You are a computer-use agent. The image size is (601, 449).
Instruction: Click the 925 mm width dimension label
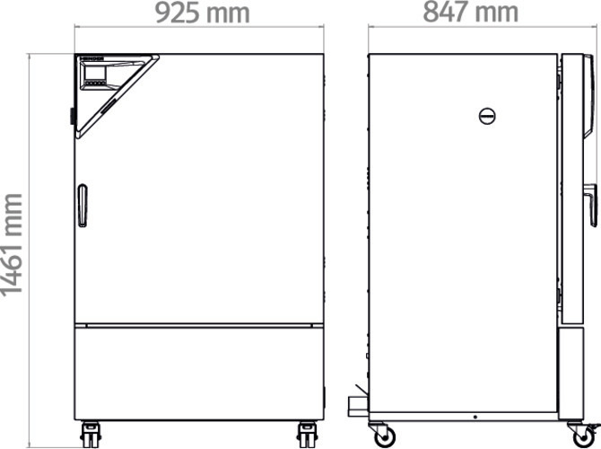click(x=202, y=14)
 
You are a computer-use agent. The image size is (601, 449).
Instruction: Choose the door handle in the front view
click(x=82, y=206)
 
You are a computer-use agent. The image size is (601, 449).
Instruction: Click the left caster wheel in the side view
click(x=385, y=436)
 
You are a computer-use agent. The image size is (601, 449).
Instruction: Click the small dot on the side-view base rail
click(x=475, y=416)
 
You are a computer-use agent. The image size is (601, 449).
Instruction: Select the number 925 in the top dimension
click(x=180, y=14)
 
